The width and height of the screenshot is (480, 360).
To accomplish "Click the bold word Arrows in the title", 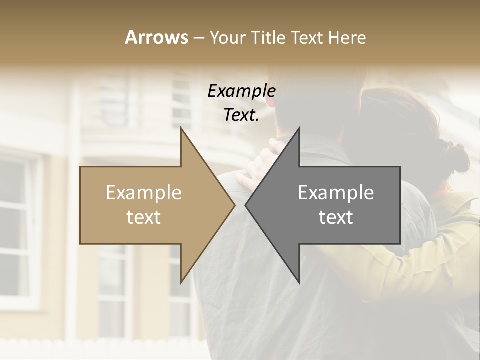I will click(157, 37).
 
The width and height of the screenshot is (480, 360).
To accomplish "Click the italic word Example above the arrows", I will click(241, 91).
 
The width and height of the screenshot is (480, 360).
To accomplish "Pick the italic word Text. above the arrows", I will click(241, 115).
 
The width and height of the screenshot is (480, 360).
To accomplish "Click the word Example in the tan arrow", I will click(144, 193).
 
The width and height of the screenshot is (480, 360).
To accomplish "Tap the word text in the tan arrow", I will click(144, 217).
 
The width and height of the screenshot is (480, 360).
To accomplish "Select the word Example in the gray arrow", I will click(336, 193).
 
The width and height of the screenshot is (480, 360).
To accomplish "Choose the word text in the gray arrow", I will click(336, 217).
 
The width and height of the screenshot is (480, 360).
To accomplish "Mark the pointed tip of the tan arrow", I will click(235, 205).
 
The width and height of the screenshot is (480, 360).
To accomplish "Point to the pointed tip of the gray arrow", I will click(245, 205).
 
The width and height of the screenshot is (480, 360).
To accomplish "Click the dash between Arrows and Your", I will click(198, 38).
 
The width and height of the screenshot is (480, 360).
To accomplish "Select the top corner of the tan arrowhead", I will click(181, 127).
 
